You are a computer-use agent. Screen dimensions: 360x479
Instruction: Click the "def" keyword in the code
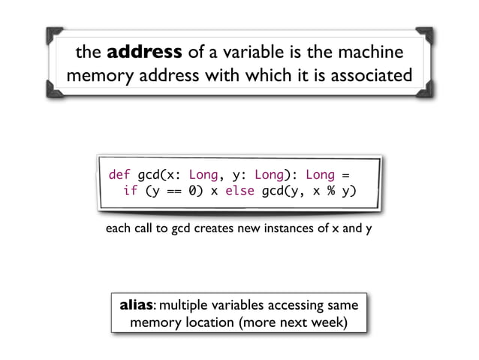tap(120, 174)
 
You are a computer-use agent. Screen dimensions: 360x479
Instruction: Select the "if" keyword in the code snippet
tap(130, 191)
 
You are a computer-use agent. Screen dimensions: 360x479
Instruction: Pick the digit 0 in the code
tap(194, 191)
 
